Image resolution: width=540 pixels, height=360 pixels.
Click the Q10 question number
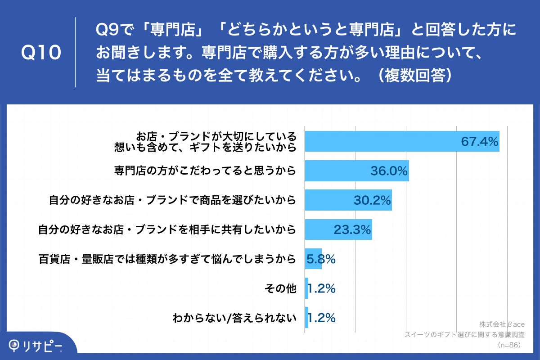pyautogui.click(x=41, y=53)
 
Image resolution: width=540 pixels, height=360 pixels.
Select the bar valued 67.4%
pyautogui.click(x=382, y=141)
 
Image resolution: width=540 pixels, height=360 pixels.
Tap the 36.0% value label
pyautogui.click(x=389, y=171)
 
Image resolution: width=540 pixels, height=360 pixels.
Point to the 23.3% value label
pyautogui.click(x=352, y=230)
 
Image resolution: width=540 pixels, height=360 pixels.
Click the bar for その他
pyautogui.click(x=307, y=288)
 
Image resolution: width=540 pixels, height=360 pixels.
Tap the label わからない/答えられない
pyautogui.click(x=234, y=318)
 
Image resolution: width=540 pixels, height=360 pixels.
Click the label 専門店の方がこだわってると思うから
pyautogui.click(x=205, y=171)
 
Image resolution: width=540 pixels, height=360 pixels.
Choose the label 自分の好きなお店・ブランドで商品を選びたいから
pyautogui.click(x=172, y=200)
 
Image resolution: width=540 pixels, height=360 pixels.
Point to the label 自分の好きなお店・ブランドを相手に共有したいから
pyautogui.click(x=167, y=230)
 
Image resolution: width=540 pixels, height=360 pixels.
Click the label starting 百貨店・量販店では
pyautogui.click(x=167, y=260)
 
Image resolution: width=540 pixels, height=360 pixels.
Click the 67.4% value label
pyautogui.click(x=479, y=141)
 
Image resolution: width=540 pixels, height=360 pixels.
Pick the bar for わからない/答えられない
pyautogui.click(x=307, y=318)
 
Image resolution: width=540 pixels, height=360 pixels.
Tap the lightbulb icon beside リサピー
pyautogui.click(x=15, y=345)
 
